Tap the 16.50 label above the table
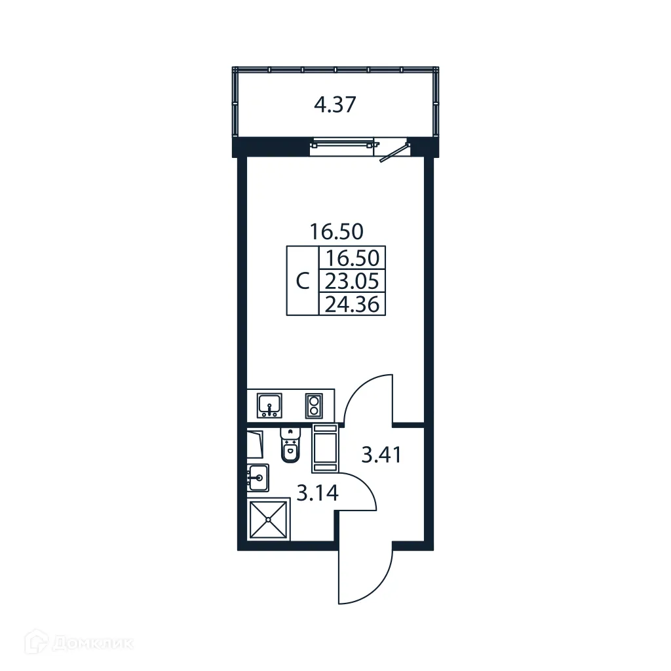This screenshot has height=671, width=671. point(337,231)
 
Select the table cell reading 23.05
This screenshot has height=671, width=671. point(352,280)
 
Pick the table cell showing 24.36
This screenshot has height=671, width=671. point(352,303)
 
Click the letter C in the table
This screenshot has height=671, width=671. point(302,282)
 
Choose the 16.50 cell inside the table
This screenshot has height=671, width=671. point(352,257)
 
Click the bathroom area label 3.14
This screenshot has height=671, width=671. point(317,492)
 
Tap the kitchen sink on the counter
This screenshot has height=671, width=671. point(269,404)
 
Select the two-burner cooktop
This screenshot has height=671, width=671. point(314,406)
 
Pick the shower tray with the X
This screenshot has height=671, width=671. point(268,519)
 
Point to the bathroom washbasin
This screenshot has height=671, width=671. point(258,476)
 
